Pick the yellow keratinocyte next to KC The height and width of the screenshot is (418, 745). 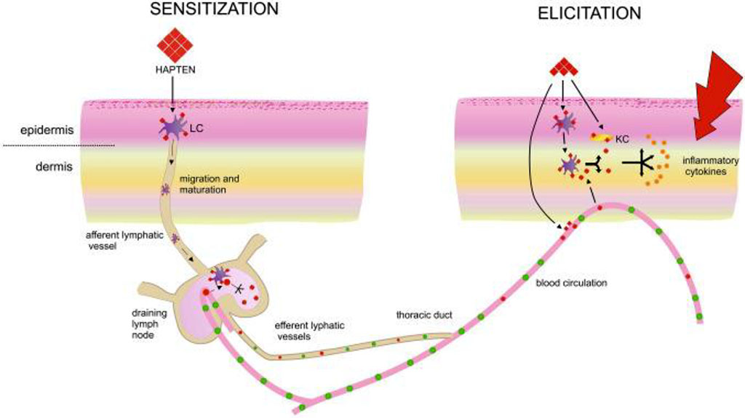599,136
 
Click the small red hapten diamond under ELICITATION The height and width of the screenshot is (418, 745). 563,69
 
